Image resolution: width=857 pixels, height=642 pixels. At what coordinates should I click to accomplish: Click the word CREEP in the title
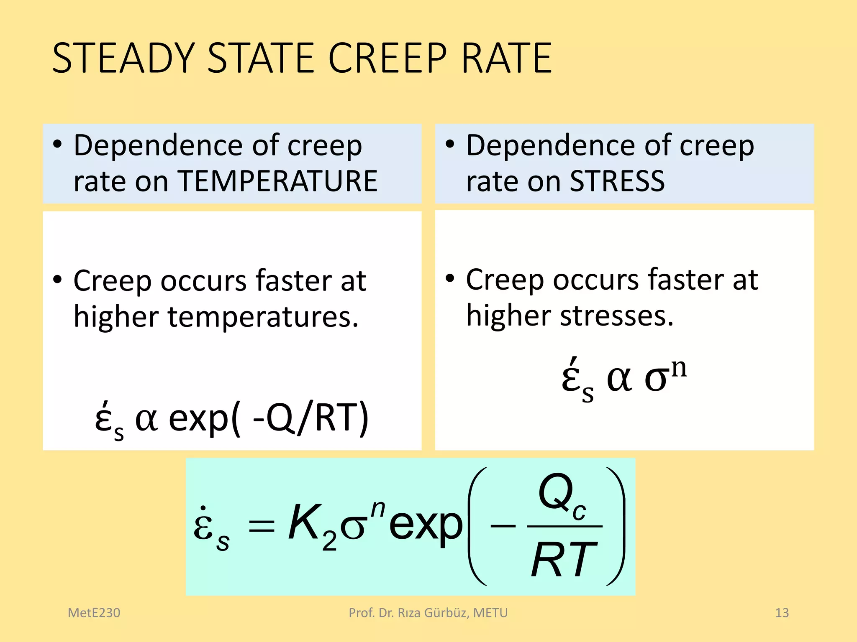coord(387,58)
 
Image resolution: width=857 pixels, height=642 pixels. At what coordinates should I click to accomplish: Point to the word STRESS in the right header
coord(617,181)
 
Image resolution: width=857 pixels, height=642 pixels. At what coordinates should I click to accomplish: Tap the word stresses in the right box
coord(617,316)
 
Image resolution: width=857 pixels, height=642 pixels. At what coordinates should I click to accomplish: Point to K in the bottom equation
coord(304,522)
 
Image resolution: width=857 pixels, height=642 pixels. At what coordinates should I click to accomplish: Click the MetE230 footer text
coord(94,613)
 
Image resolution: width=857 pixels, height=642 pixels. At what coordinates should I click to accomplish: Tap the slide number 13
coord(782,613)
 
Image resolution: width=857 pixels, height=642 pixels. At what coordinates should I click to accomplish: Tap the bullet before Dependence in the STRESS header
coord(450,145)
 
